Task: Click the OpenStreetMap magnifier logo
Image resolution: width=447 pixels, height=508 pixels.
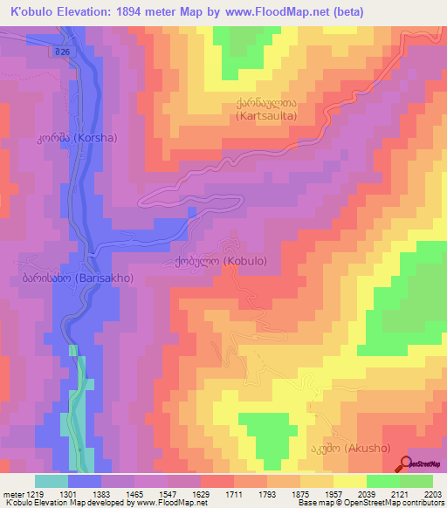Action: (407, 464)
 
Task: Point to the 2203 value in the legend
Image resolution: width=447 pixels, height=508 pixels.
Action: (432, 493)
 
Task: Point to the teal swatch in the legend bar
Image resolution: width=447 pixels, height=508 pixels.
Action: (52, 481)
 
